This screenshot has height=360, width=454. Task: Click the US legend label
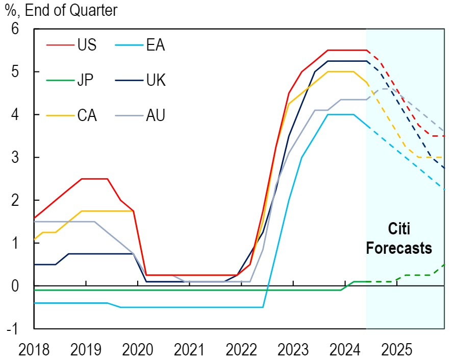pyautogui.click(x=86, y=45)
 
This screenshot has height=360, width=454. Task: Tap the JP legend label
pyautogui.click(x=86, y=80)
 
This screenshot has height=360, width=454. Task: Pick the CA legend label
pyautogui.click(x=87, y=115)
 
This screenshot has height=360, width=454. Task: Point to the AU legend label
pyautogui.click(x=155, y=115)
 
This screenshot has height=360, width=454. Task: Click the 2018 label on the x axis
pyautogui.click(x=35, y=350)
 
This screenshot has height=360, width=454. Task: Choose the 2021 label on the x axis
pyautogui.click(x=190, y=350)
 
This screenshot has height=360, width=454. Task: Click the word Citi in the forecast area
pyautogui.click(x=399, y=229)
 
